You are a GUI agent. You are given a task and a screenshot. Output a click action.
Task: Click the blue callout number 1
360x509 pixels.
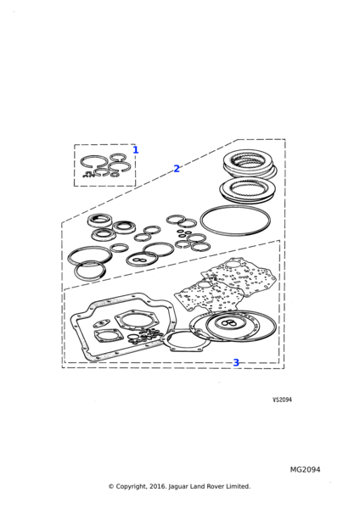pyautogui.click(x=136, y=150)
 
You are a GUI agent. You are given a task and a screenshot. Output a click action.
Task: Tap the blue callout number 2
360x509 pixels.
pyautogui.click(x=177, y=169)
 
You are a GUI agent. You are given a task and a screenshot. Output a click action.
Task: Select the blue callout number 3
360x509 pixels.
pyautogui.click(x=236, y=362)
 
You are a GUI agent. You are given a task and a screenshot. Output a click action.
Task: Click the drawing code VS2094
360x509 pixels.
pyautogui.click(x=282, y=400)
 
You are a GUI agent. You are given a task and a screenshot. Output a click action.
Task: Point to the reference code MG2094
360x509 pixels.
pyautogui.click(x=305, y=470)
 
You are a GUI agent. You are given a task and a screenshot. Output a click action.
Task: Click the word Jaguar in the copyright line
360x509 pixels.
pyautogui.click(x=179, y=487)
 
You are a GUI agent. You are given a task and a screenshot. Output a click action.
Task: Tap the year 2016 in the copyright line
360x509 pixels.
pyautogui.click(x=158, y=487)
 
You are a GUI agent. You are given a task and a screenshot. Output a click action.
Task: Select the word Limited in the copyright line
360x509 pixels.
pyautogui.click(x=239, y=486)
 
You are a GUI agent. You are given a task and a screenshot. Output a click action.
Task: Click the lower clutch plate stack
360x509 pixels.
pyautogui.click(x=248, y=189)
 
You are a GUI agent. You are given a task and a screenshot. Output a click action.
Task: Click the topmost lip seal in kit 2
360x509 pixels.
pyautogui.click(x=99, y=220)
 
